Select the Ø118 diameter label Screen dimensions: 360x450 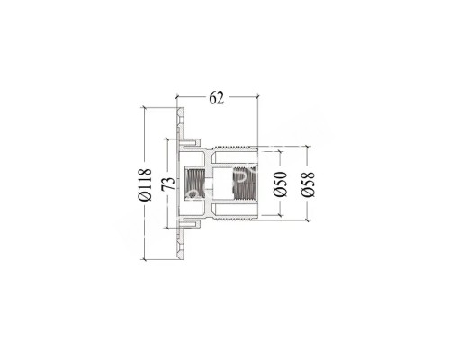(x=145, y=184)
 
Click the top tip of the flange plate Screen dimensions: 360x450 (x=181, y=111)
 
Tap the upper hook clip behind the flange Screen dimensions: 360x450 (x=193, y=140)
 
